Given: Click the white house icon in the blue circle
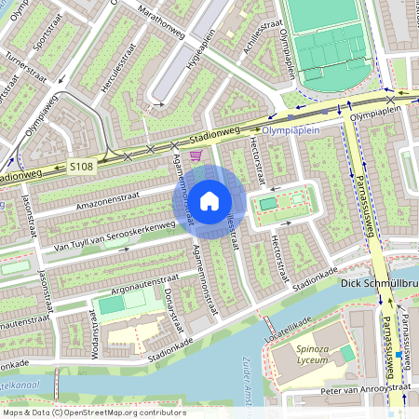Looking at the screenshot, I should pyautogui.click(x=209, y=201).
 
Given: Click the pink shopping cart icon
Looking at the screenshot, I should pyautogui.click(x=195, y=157).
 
